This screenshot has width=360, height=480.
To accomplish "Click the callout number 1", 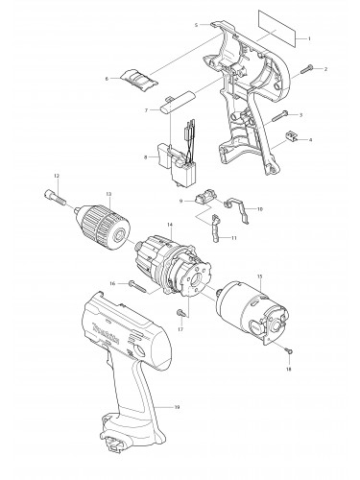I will (x=309, y=37).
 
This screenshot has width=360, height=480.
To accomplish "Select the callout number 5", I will (x=195, y=23).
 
